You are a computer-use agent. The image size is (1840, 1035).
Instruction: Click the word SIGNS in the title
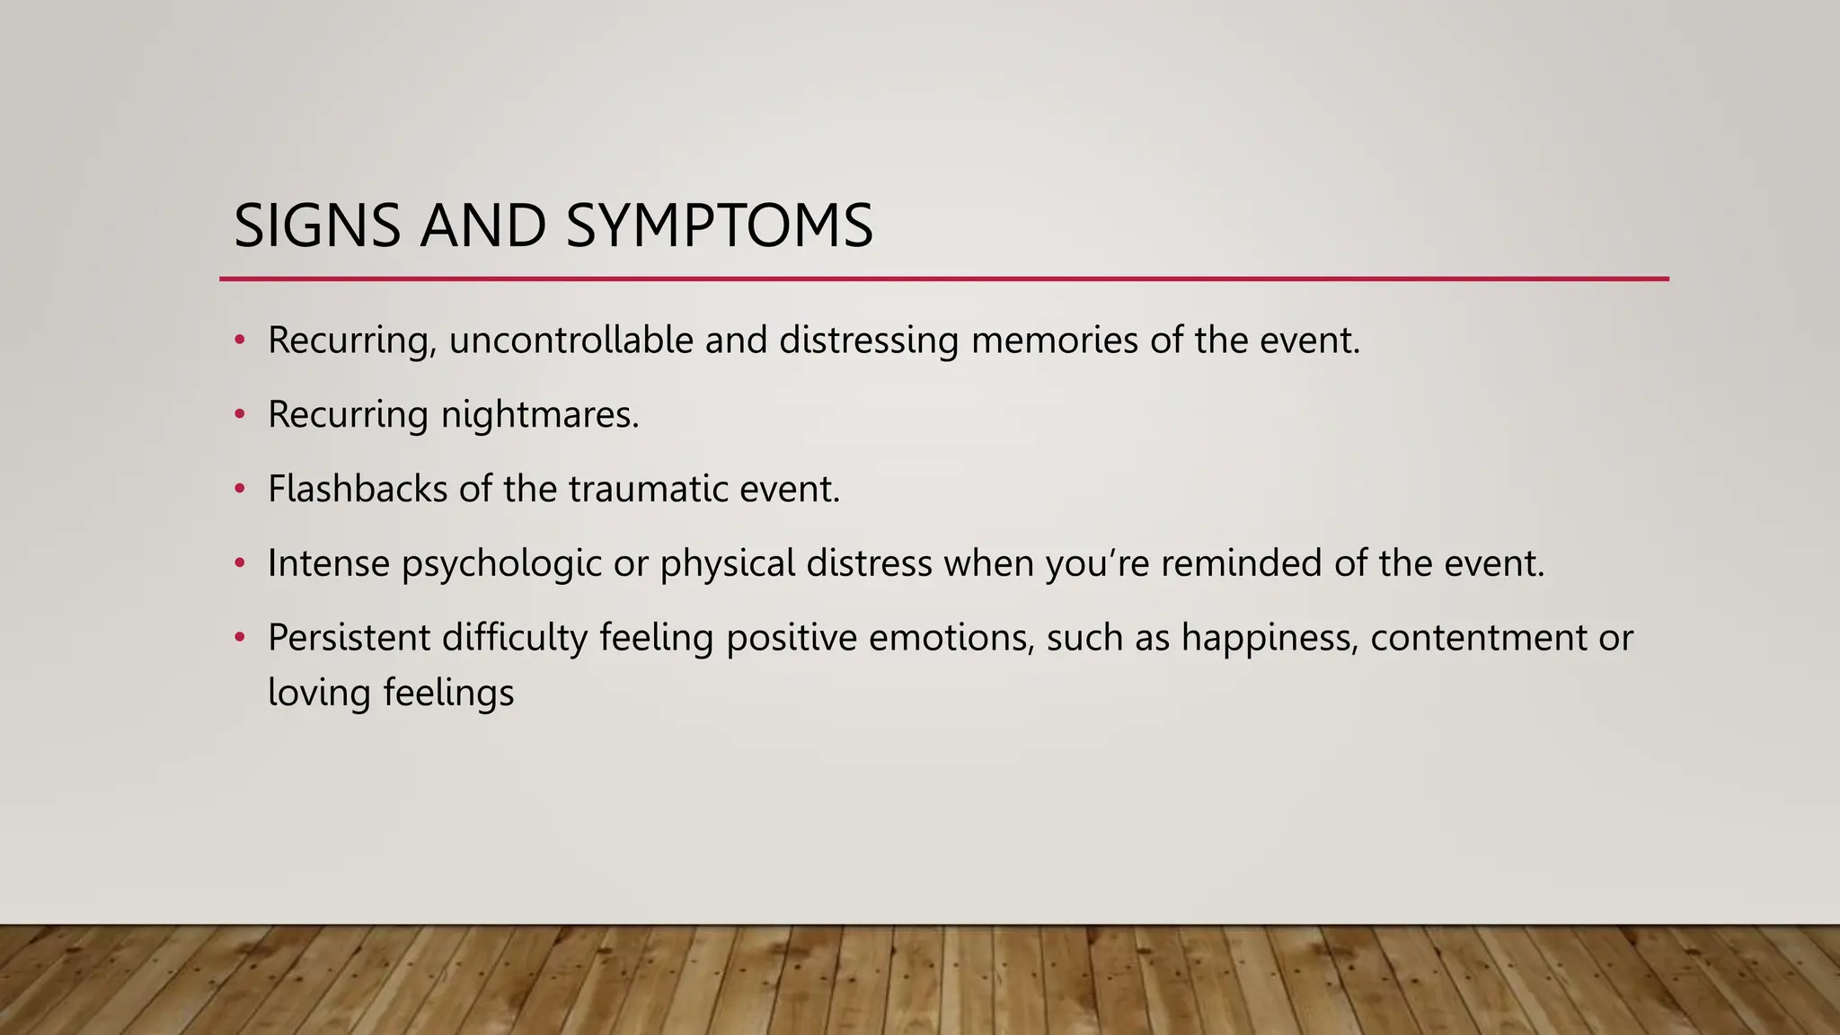316,226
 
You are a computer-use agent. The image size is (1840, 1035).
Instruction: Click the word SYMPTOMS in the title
720,226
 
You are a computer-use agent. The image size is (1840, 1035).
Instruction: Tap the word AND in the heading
482,226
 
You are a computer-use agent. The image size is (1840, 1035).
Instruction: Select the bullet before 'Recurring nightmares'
239,414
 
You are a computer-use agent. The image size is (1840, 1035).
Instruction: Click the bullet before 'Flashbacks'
239,489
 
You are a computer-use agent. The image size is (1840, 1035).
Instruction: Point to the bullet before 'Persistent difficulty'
239,637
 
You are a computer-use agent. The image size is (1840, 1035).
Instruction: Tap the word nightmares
539,415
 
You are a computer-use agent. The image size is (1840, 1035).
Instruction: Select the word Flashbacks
357,490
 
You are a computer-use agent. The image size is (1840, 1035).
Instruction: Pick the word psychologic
501,564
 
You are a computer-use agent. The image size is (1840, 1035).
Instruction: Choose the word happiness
1269,638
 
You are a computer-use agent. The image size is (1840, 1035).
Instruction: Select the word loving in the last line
319,694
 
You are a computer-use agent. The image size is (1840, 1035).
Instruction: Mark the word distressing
869,341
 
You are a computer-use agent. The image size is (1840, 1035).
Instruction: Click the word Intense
328,564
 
